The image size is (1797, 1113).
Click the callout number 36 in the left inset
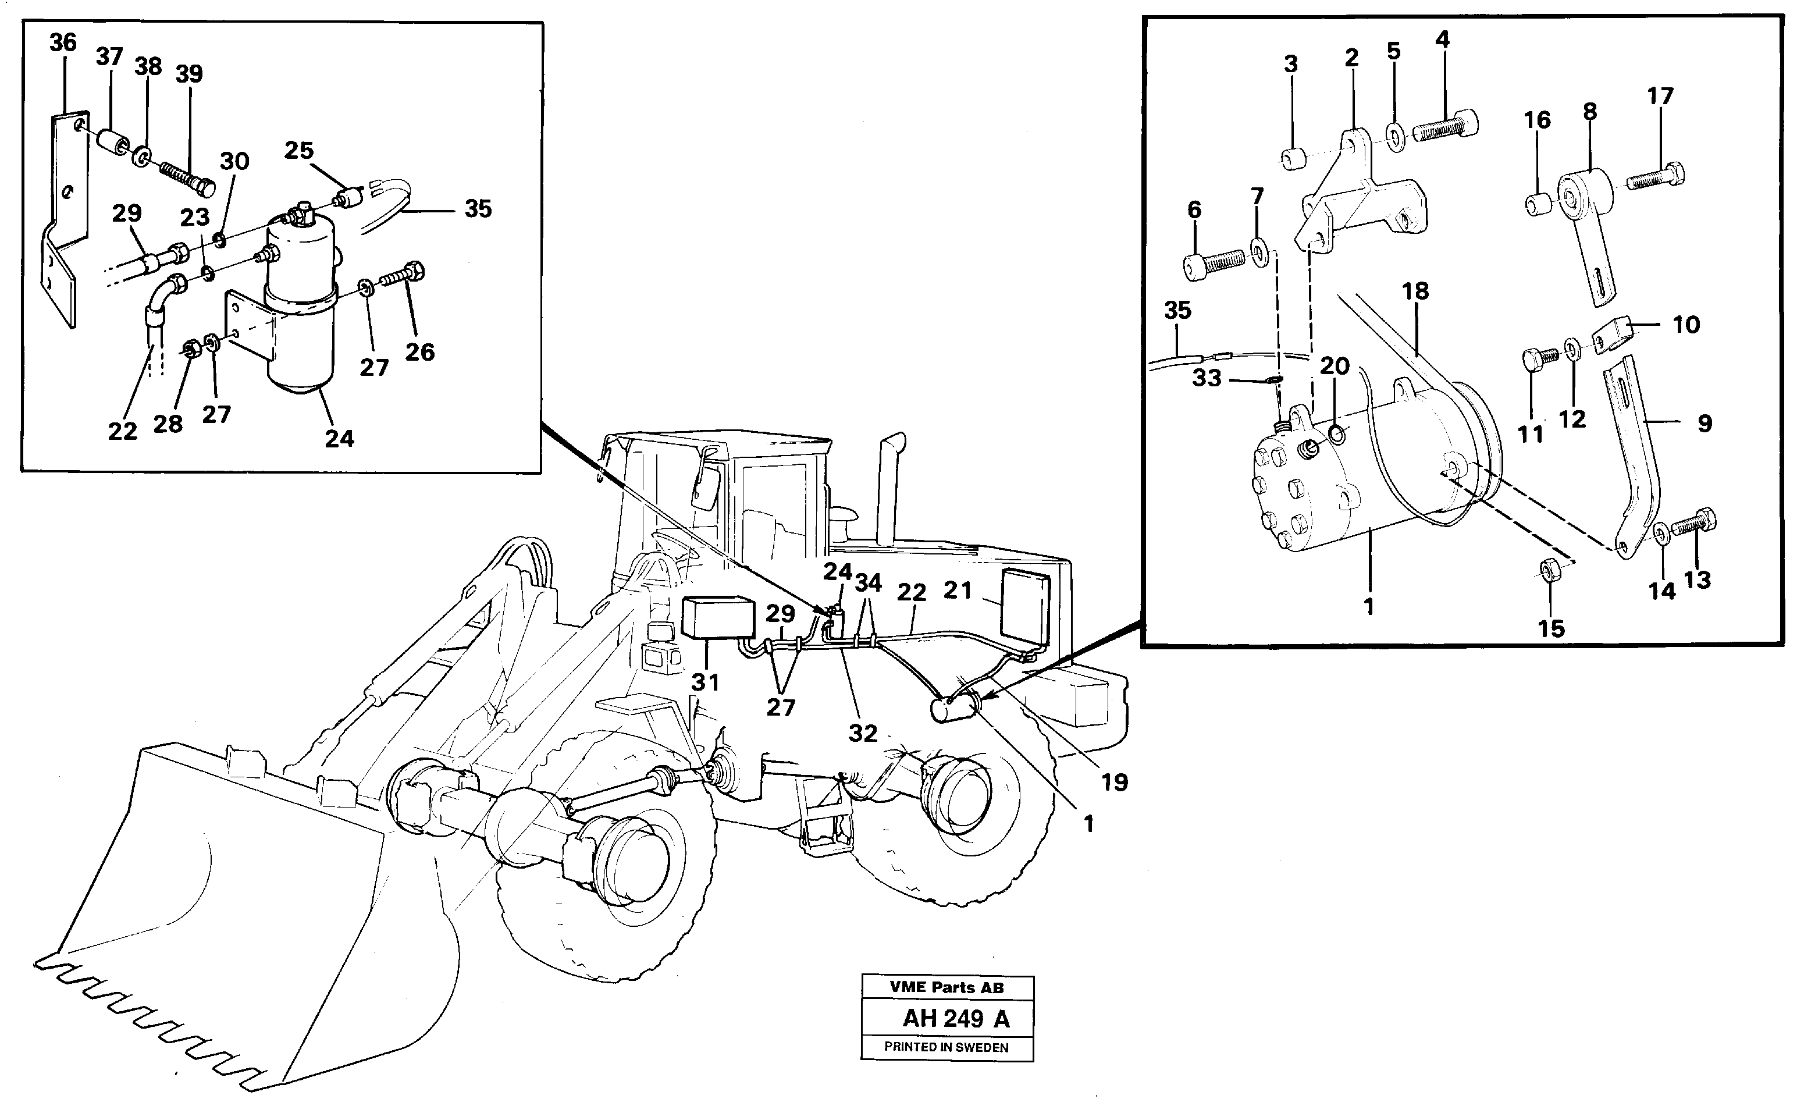point(63,42)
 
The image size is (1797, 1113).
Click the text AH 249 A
point(955,1019)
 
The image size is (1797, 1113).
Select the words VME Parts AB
point(946,988)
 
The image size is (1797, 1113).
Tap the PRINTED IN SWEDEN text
point(946,1047)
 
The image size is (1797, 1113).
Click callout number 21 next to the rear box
point(958,591)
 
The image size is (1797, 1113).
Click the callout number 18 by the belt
point(1415,291)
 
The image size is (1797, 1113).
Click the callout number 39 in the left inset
point(189,74)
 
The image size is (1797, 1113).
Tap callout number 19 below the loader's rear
point(1114,782)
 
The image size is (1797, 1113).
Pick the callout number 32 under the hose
point(863,733)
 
